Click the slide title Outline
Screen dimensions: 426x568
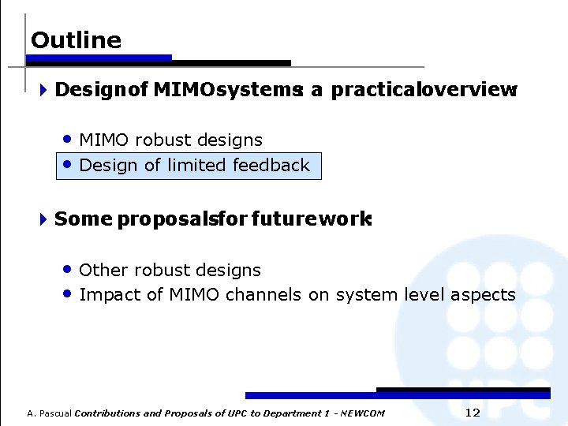pyautogui.click(x=76, y=40)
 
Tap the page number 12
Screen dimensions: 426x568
pyautogui.click(x=473, y=413)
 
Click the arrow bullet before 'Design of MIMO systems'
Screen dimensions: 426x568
pyautogui.click(x=43, y=91)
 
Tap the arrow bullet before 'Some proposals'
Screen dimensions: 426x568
pyautogui.click(x=43, y=219)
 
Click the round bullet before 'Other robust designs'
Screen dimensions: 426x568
pyautogui.click(x=69, y=269)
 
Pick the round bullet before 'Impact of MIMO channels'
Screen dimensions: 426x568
pyautogui.click(x=69, y=294)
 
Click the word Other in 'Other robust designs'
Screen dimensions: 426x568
pyautogui.click(x=104, y=270)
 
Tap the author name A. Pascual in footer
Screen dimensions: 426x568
pyautogui.click(x=49, y=413)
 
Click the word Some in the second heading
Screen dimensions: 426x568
pyautogui.click(x=83, y=219)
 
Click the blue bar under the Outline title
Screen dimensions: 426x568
pyautogui.click(x=100, y=58)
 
